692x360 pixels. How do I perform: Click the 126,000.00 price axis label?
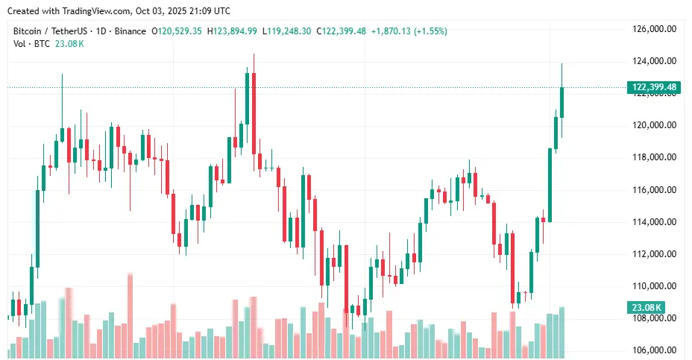tap(654, 29)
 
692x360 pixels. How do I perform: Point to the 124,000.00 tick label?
tap(654, 61)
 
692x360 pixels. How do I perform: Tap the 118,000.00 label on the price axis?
tap(654, 157)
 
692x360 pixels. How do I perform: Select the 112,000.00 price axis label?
tap(654, 254)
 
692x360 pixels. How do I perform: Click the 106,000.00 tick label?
tap(654, 350)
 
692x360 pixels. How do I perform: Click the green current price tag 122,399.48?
tap(654, 87)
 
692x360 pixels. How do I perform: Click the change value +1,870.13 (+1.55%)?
tap(410, 31)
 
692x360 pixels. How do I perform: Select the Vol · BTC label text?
tap(31, 44)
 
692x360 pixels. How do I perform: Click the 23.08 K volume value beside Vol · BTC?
tap(69, 44)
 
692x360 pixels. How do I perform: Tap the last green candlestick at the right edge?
tap(562, 102)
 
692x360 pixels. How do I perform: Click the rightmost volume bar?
tap(562, 331)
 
